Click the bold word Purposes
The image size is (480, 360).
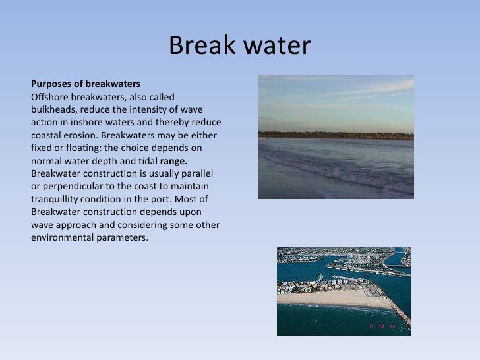pyautogui.click(x=53, y=84)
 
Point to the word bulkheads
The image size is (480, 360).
pyautogui.click(x=53, y=109)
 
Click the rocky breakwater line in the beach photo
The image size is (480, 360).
pyautogui.click(x=336, y=135)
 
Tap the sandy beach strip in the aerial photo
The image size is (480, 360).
pyautogui.click(x=330, y=297)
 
